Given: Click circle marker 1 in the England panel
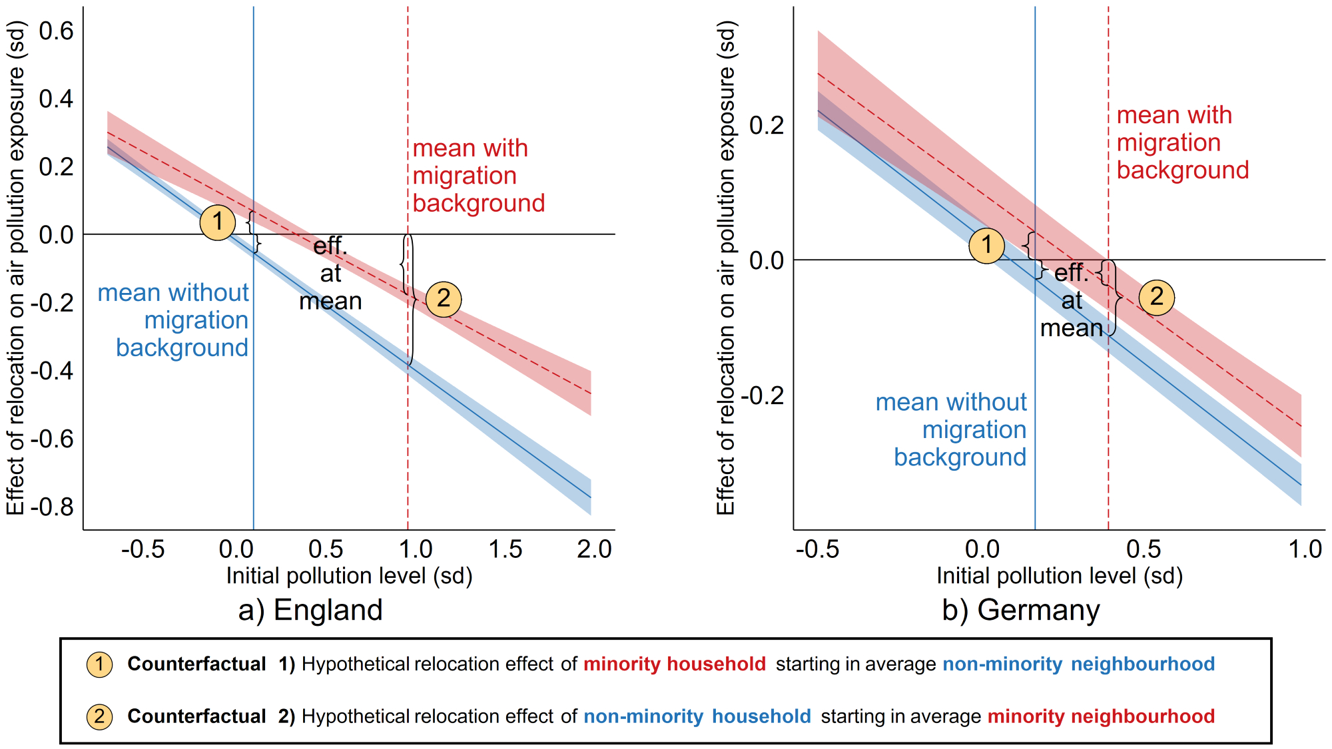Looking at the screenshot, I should coord(218,222).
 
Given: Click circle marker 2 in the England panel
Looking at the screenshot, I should coord(444,299).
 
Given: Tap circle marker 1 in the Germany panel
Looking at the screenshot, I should coord(986,246).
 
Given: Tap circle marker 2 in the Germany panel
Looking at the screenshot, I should coord(1157,297).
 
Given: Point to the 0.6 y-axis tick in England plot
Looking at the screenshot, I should coord(56,31).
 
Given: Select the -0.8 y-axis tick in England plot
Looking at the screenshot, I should coord(52,507).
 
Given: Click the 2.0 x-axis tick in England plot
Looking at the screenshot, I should coord(594,549).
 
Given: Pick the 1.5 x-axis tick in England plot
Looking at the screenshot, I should coord(505,549).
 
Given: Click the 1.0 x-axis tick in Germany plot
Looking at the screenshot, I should coord(1305,549).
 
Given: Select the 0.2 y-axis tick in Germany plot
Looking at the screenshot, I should coord(766,125).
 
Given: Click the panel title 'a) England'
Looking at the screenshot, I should coord(310,610).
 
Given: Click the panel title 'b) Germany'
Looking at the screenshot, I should coord(1021,610).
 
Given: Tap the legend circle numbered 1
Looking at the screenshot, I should coord(99,664).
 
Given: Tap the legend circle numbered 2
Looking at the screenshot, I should coord(99,716).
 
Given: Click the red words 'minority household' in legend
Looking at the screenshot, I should coord(675,664).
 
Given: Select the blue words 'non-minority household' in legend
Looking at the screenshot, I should coord(697,716).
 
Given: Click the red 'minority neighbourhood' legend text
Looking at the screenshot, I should coord(1101,716).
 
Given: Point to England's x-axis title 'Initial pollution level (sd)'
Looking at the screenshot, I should coord(349,576).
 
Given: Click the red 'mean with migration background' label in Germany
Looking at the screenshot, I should coord(1182,142).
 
